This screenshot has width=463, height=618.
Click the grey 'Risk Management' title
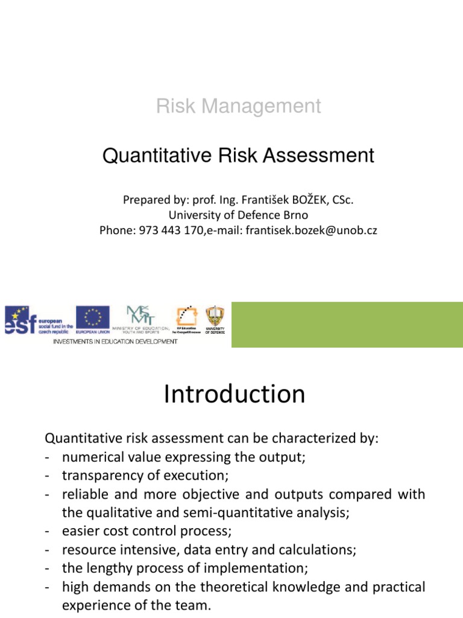click(239, 106)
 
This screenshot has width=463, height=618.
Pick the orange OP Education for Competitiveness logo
click(186, 319)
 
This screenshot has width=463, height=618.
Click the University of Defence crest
click(214, 319)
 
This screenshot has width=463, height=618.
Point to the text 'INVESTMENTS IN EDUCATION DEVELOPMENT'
click(116, 342)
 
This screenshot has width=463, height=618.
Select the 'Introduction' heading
click(235, 395)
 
